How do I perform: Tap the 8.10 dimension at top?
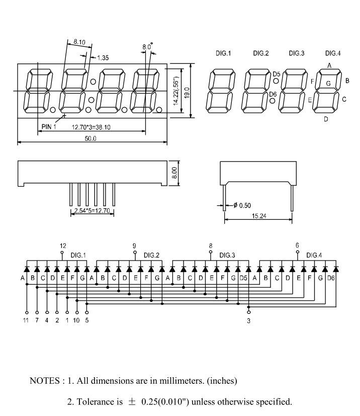point(79,42)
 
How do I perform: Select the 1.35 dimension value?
point(102,58)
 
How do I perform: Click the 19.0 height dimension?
point(186,92)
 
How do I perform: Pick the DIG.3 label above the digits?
point(297,53)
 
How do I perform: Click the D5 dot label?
point(277,74)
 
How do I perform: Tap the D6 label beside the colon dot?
point(273,94)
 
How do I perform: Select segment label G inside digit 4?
point(328,84)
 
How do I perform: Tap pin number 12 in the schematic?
point(63,245)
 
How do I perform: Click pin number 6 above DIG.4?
point(297,245)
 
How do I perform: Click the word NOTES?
point(45,381)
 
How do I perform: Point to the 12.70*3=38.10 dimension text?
point(91,127)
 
